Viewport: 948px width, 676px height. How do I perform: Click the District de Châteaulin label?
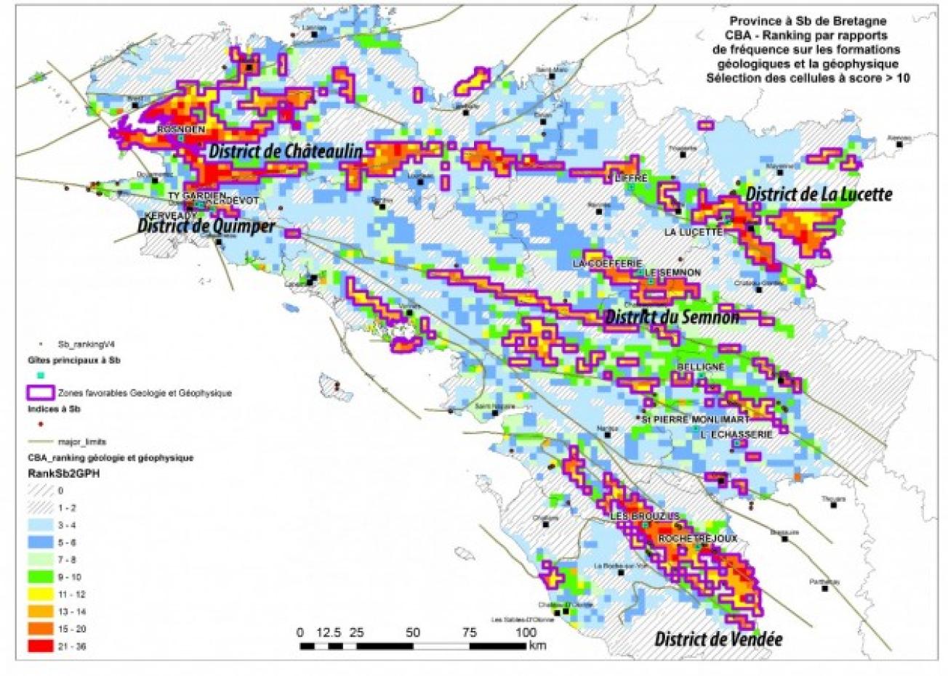point(286,151)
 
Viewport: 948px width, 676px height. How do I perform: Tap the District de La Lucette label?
point(819,195)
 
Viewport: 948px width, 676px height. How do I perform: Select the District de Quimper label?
point(206,227)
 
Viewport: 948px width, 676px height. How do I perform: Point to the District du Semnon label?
point(672,317)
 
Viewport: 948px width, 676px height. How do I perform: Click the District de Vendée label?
point(718,639)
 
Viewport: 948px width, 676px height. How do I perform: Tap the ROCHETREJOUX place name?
point(697,539)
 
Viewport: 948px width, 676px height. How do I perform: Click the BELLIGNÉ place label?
point(700,367)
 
